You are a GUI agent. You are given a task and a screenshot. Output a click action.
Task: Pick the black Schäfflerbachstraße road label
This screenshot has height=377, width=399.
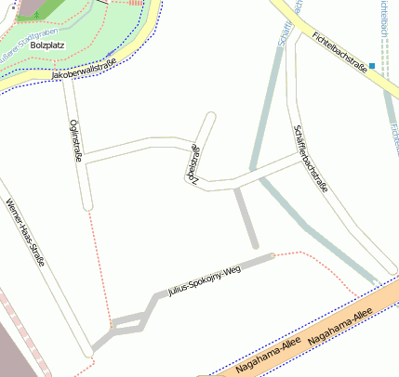pos(311,158)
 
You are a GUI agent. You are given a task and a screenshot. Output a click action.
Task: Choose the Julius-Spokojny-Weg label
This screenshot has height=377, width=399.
pos(205,281)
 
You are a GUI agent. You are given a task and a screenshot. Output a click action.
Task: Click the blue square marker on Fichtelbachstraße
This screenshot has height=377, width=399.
pos(372,65)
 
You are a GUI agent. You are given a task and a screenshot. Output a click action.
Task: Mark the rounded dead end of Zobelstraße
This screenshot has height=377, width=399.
pos(211,117)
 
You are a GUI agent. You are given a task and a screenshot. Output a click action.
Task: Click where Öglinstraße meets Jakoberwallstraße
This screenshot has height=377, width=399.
pos(66,82)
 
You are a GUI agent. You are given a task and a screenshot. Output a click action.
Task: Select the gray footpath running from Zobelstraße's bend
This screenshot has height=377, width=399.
pos(246,217)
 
